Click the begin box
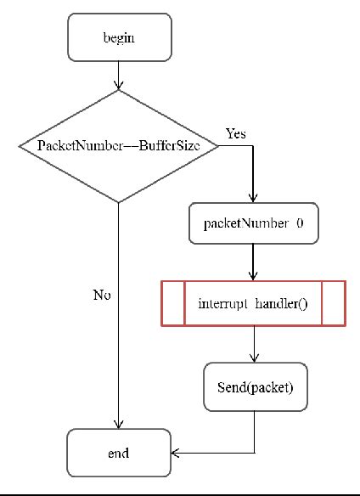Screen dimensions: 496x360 pyautogui.click(x=119, y=38)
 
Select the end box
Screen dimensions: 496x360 pyautogui.click(x=119, y=453)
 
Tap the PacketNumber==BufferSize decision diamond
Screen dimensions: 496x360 pyautogui.click(x=119, y=146)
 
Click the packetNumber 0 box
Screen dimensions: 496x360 pyautogui.click(x=253, y=224)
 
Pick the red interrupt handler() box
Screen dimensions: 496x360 pyautogui.click(x=253, y=303)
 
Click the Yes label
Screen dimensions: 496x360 pyautogui.click(x=236, y=134)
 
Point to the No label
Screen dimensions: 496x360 pyautogui.click(x=102, y=295)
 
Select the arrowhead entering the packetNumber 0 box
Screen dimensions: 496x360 pyautogui.click(x=253, y=197)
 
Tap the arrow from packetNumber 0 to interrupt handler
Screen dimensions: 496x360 pyautogui.click(x=253, y=262)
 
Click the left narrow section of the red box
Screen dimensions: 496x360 pyautogui.click(x=173, y=303)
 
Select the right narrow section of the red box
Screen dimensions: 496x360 pyautogui.click(x=333, y=303)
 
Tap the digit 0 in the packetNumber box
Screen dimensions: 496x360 pyautogui.click(x=300, y=224)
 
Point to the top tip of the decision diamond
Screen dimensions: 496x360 pyautogui.click(x=119, y=90)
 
